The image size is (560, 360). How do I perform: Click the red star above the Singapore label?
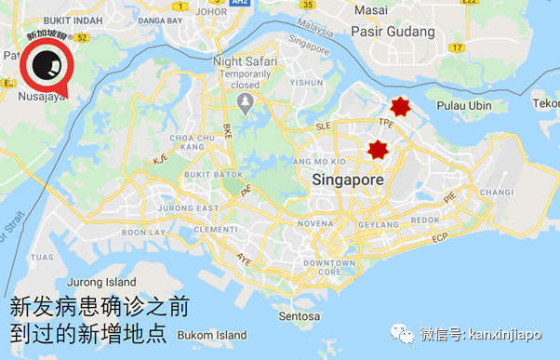pos(378,150)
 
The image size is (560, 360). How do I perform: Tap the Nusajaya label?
pos(40,95)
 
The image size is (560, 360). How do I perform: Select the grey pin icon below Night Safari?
pos(246,105)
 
